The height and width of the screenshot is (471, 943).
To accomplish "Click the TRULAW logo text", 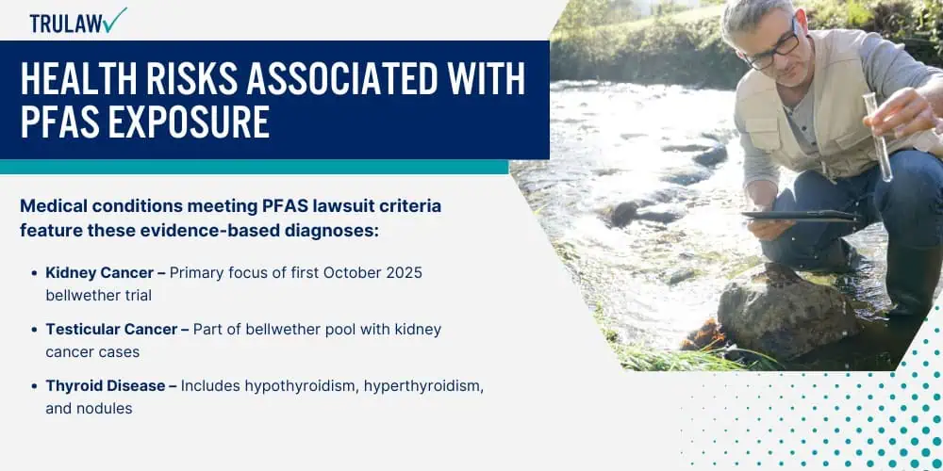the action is point(66,23).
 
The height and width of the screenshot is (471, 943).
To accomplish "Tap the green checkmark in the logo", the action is point(114,20).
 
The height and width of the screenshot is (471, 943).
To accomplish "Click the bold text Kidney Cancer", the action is point(100,273).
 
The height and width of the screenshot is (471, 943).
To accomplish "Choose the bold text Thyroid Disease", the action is point(106,385).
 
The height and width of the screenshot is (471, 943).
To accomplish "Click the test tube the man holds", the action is point(877,136).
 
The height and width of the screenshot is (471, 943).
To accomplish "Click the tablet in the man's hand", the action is point(801,215).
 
